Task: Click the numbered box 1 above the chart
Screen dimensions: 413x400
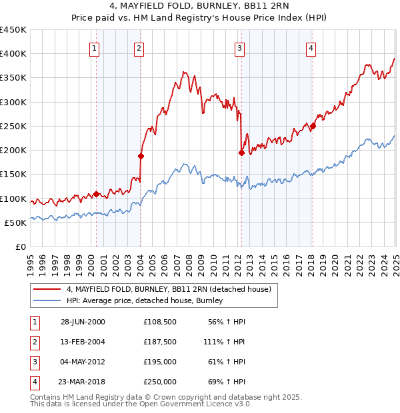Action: coord(95,48)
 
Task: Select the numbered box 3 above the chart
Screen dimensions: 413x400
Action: coord(239,48)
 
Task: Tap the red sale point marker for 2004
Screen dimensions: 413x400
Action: coord(141,156)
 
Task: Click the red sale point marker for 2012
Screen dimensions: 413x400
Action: coord(241,152)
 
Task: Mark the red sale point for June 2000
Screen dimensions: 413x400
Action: coord(97,194)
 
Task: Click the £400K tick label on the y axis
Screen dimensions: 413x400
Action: coord(13,54)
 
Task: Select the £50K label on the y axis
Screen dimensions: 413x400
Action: coord(16,222)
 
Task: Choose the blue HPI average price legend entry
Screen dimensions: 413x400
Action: coord(148,301)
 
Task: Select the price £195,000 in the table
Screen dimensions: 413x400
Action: coord(160,362)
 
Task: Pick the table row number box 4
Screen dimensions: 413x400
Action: coord(34,382)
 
